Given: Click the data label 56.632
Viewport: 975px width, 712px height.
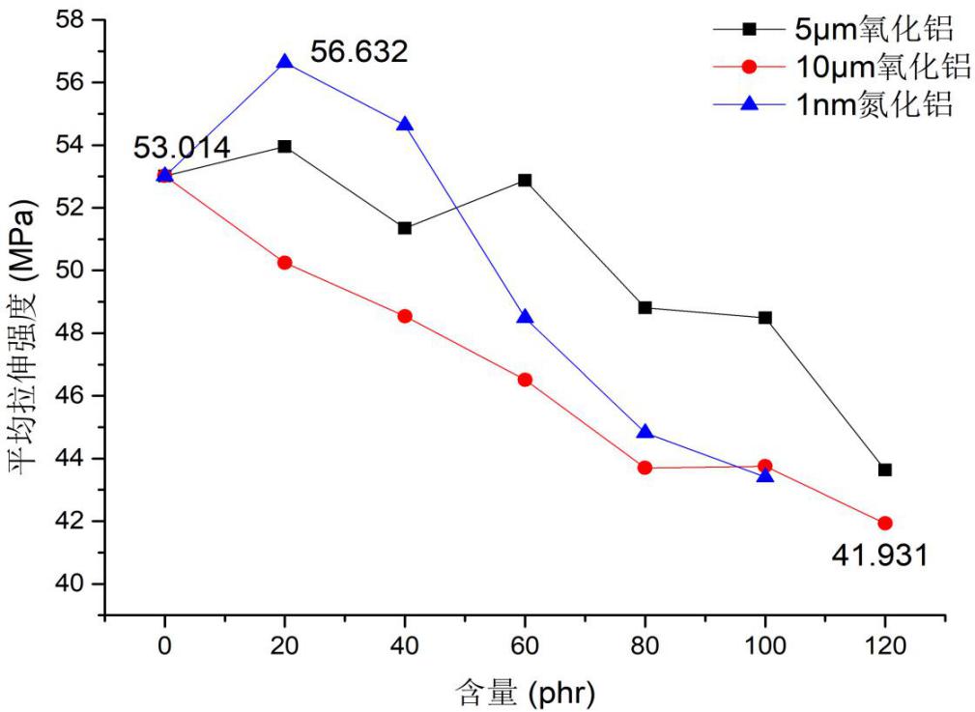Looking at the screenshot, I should pos(359,52).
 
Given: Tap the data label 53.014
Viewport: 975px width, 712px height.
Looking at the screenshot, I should pos(182,148).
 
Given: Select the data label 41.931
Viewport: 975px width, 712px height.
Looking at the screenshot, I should pos(879,555).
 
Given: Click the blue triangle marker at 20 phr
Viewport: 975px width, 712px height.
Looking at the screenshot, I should pos(285,62).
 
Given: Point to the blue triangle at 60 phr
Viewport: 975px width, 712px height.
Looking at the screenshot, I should pos(525,317).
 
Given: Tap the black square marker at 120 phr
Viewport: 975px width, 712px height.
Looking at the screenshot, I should pos(885,470).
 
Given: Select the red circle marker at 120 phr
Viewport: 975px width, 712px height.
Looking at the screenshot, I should pos(885,523).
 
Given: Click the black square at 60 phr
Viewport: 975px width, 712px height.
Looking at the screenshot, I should pos(525,180).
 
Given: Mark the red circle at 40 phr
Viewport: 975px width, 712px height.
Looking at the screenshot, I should pos(405,316).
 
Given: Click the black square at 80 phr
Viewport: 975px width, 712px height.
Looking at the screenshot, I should pos(645,307).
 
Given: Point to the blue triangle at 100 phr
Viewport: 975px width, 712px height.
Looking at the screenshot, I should pos(765,475).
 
